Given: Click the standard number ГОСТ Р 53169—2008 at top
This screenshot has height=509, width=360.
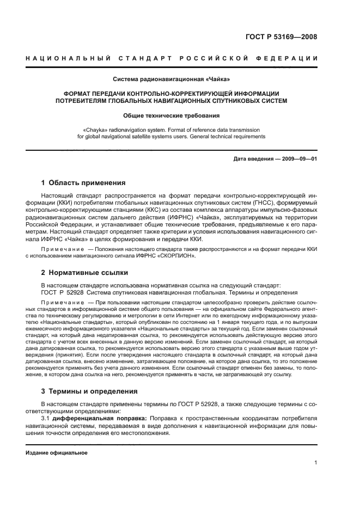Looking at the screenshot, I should point(281,37).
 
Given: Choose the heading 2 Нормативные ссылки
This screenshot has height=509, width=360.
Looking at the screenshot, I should point(85,272).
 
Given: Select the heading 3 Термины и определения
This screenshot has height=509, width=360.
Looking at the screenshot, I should point(90,391).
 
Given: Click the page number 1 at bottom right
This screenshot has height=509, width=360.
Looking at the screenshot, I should point(316,463).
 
